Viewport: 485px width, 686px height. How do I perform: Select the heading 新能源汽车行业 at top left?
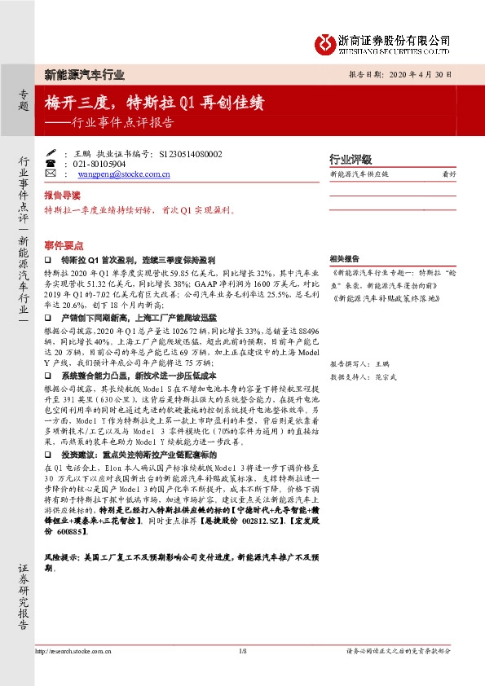pyautogui.click(x=84, y=74)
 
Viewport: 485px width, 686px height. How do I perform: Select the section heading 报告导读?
pyautogui.click(x=62, y=196)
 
